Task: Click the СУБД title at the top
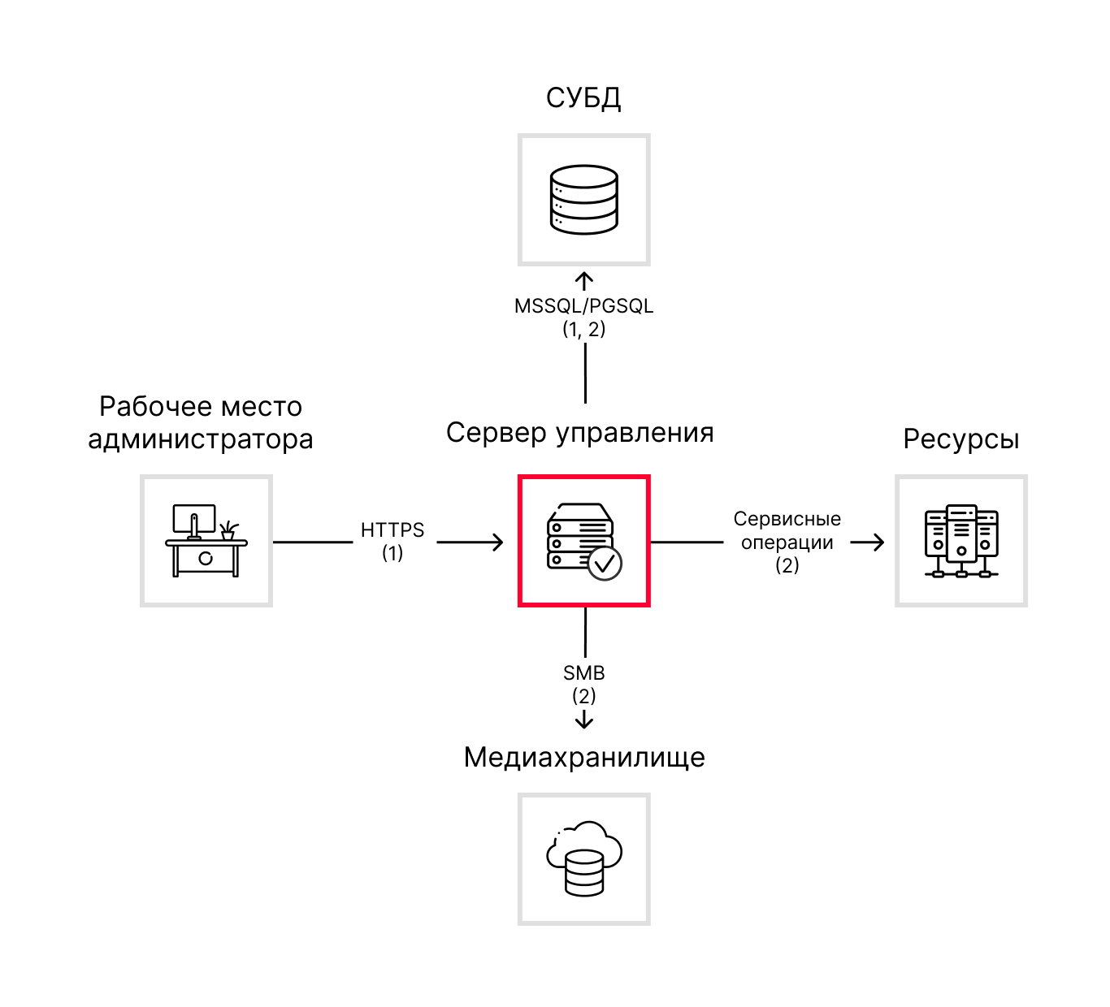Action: (x=583, y=98)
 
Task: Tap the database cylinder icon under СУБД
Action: (x=583, y=199)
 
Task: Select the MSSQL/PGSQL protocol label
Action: (x=583, y=306)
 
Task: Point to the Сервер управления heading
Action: (x=579, y=433)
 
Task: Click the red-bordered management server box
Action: (x=584, y=541)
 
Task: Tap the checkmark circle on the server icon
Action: (x=605, y=563)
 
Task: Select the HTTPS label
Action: (x=392, y=530)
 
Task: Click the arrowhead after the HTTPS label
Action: (x=497, y=542)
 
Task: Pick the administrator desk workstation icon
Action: (x=206, y=541)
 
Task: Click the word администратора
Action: (x=201, y=439)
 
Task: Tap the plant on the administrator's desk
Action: (x=228, y=529)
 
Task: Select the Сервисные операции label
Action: (x=787, y=530)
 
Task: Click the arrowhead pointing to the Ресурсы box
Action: (x=878, y=542)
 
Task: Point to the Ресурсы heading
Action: (x=960, y=439)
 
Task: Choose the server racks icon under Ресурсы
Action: (x=961, y=541)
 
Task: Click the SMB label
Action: (x=583, y=673)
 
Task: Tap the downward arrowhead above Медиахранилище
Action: (x=584, y=722)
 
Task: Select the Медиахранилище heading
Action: (x=584, y=758)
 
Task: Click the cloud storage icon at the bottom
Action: (x=584, y=858)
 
